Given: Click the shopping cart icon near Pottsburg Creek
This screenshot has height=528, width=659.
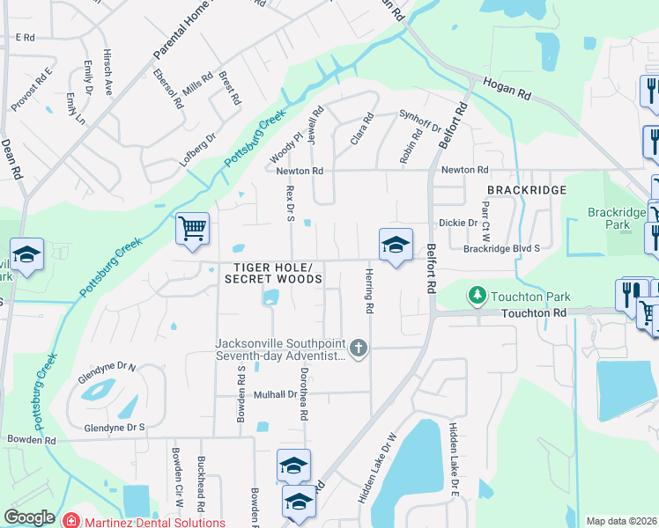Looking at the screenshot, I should click(x=192, y=229).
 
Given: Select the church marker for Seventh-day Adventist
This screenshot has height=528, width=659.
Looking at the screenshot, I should click(x=358, y=348).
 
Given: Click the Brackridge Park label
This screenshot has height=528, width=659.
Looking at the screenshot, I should click(x=610, y=218).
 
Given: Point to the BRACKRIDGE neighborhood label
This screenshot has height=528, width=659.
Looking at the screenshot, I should click(x=526, y=190).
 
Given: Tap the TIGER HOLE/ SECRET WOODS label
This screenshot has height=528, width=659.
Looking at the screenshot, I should click(x=273, y=273).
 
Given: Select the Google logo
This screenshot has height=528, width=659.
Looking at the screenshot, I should click(x=29, y=517).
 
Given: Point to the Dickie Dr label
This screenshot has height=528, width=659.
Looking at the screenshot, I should click(x=458, y=223).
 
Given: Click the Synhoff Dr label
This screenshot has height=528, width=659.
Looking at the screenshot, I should click(x=420, y=117).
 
